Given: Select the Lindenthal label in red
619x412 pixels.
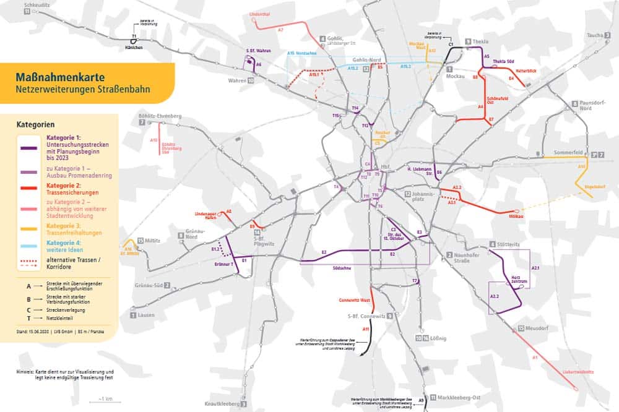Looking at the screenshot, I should (260, 13).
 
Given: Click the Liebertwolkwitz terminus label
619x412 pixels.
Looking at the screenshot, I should (578, 372).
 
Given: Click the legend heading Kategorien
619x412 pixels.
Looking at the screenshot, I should (35, 124).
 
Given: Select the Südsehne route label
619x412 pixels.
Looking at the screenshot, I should (342, 268).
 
